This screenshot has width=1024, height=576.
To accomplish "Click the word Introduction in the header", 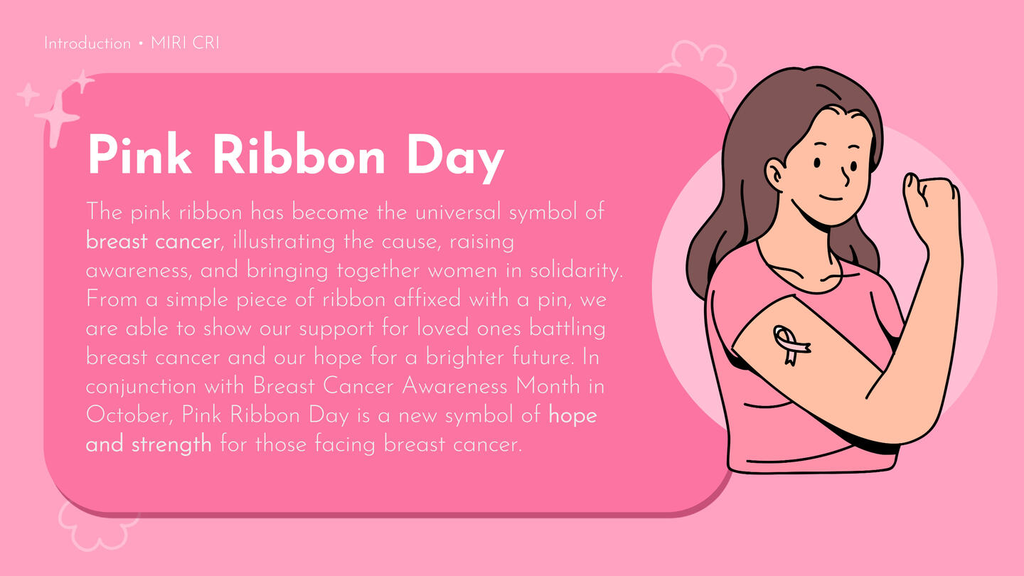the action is click(x=87, y=44).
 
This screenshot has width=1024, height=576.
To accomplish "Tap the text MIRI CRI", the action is click(x=185, y=43).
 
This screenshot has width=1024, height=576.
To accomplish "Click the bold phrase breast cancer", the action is click(x=153, y=241).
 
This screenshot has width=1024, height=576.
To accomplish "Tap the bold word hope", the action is click(x=573, y=417).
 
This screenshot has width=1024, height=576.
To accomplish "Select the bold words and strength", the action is click(x=149, y=445).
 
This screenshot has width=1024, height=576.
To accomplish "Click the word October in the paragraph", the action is click(x=129, y=416).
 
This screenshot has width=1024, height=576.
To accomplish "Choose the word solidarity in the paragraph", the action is click(x=576, y=271).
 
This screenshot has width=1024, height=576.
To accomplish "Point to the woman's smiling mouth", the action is click(x=831, y=198).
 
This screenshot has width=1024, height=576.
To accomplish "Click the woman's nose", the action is click(x=846, y=176).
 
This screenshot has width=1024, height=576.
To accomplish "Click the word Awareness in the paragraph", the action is click(x=454, y=387).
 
